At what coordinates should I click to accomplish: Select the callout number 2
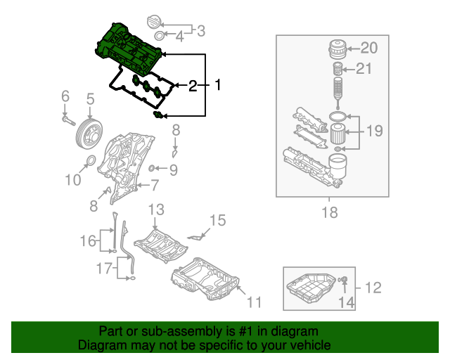tap(193, 86)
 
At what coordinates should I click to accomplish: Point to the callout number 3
tap(200, 30)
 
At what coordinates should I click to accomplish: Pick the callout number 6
tap(65, 96)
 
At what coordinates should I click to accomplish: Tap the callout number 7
tap(155, 186)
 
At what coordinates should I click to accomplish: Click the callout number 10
tap(73, 181)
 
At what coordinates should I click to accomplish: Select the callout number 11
tap(254, 302)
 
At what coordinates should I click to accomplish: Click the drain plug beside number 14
tap(345, 281)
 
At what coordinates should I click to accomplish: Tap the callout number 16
tap(86, 242)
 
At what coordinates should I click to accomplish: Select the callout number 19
tap(373, 130)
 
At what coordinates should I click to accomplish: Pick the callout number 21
tap(363, 68)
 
